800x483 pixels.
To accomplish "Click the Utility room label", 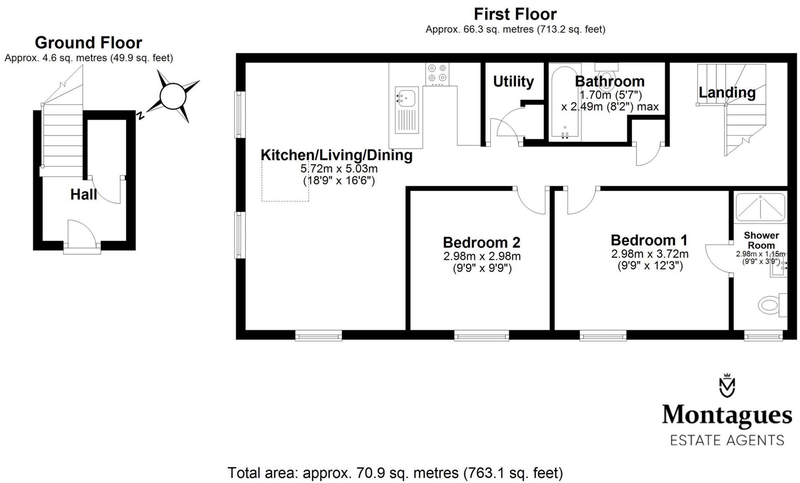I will [513, 81].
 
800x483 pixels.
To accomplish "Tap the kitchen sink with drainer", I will [406, 110].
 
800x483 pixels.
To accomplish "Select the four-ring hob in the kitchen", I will [437, 73].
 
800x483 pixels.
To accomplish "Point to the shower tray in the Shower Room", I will [760, 206].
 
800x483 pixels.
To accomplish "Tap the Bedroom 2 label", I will [482, 243].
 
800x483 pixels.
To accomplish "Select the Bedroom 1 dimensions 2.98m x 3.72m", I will [650, 254].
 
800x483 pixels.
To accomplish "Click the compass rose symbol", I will [173, 96].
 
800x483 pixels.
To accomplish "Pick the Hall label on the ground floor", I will [84, 194].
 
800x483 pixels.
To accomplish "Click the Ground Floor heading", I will [88, 43].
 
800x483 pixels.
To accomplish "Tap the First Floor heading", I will [515, 14].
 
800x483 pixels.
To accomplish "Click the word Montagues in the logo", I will [727, 415].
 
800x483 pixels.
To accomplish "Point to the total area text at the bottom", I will [395, 473].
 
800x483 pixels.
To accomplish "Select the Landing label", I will [727, 92].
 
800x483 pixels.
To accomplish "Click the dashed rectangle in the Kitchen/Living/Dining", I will [285, 180].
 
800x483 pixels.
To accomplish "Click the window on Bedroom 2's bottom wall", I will [482, 335].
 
